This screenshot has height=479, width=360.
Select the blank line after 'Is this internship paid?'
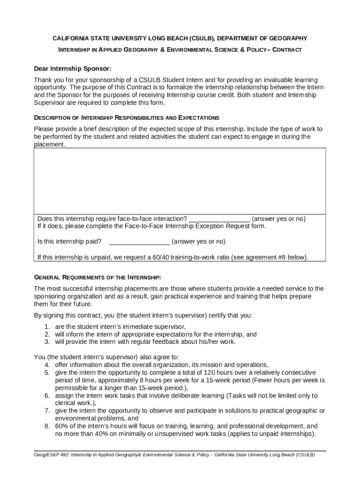pos(139,242)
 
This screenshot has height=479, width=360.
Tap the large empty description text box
pos(180,181)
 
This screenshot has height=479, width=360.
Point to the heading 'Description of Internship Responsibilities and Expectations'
pos(127,117)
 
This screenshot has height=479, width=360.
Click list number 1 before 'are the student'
pos(47,327)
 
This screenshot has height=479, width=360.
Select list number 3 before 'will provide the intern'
pos(47,341)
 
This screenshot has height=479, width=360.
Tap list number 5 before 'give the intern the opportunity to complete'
pos(47,373)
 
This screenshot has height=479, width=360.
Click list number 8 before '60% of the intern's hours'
pos(47,426)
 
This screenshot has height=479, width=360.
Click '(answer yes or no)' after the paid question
pos(198,242)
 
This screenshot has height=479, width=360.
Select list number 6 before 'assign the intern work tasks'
pos(47,396)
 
